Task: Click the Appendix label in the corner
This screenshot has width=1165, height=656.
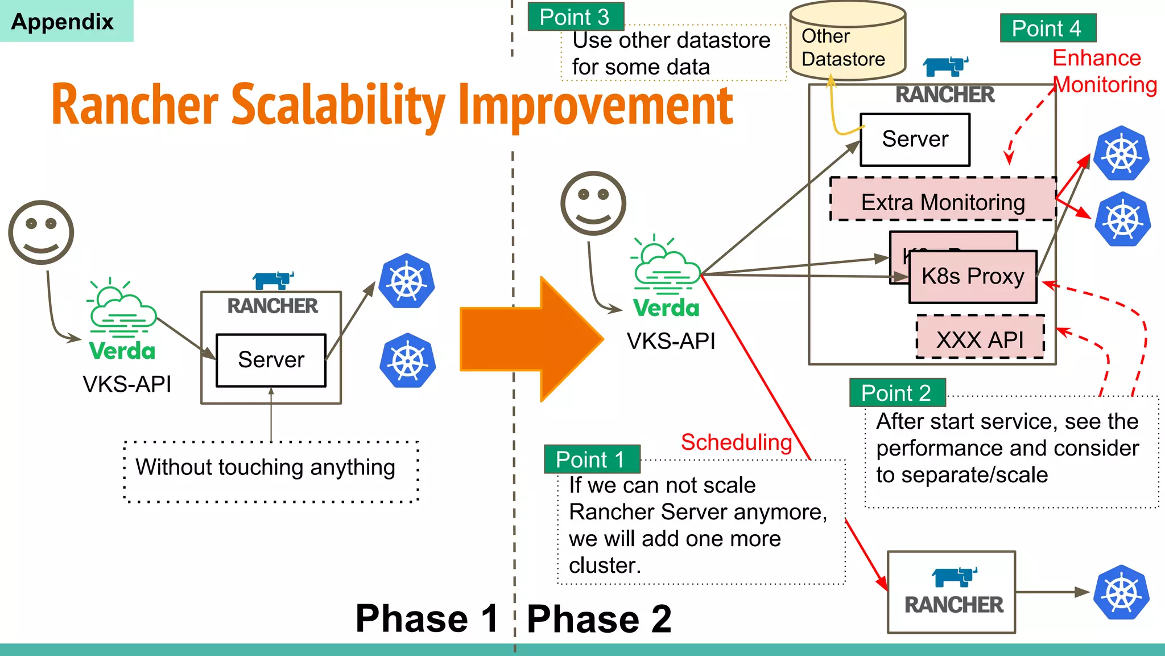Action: [63, 22]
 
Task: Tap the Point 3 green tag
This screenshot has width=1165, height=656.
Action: [575, 17]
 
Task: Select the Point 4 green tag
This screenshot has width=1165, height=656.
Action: [1047, 28]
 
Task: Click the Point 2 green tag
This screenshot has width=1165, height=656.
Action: [897, 393]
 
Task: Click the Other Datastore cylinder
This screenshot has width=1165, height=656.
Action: [847, 43]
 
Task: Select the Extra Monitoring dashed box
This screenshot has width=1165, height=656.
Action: [943, 201]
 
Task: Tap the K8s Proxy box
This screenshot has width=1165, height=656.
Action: [973, 277]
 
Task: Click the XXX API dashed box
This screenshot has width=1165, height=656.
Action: [980, 338]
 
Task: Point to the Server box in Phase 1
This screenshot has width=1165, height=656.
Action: [271, 360]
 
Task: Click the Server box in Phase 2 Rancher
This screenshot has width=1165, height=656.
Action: [915, 140]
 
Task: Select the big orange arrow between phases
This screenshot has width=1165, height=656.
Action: [529, 339]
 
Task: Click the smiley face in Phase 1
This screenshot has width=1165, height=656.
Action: [41, 232]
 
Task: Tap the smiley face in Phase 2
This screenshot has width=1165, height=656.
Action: [593, 203]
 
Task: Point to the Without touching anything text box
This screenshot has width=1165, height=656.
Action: [271, 470]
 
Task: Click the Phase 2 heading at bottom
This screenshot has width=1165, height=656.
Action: [599, 619]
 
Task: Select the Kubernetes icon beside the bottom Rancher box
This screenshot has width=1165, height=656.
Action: [1121, 592]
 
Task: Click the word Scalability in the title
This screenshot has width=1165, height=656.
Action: [339, 105]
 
